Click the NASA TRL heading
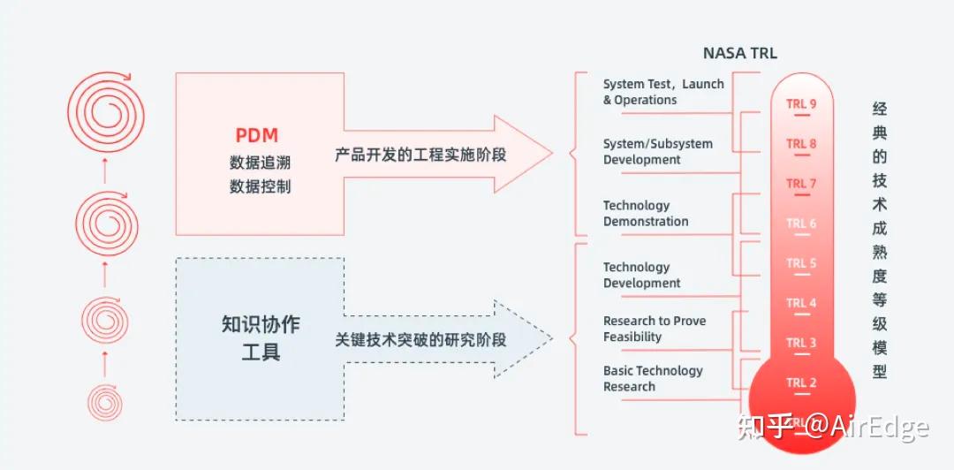point(739,53)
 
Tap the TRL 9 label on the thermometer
point(801,104)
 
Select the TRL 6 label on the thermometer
point(801,224)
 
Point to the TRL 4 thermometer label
point(801,303)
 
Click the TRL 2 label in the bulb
point(801,383)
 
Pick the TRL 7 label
point(801,184)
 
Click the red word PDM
point(257,135)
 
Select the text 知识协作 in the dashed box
point(261,324)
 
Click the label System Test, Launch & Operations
point(662,92)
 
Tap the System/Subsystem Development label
point(657,151)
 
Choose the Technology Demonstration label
point(645,213)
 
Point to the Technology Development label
point(641,275)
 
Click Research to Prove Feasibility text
point(654,329)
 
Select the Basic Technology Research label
point(652,378)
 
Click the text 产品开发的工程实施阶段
point(420,155)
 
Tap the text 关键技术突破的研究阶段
point(420,340)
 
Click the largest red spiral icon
point(105,113)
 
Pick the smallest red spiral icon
point(105,402)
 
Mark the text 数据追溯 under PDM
point(260,163)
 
